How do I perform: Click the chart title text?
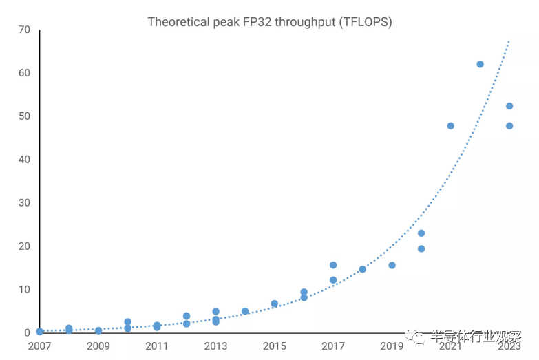pyautogui.click(x=270, y=22)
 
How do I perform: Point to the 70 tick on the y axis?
pyautogui.click(x=24, y=30)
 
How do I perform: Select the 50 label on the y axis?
pyautogui.click(x=24, y=116)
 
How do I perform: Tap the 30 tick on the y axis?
pyautogui.click(x=24, y=203)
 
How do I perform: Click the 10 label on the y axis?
pyautogui.click(x=24, y=290)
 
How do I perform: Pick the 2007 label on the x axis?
pyautogui.click(x=40, y=346)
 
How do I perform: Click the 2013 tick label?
pyautogui.click(x=215, y=346)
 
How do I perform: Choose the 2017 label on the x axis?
pyautogui.click(x=333, y=346)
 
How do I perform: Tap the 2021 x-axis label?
pyautogui.click(x=450, y=346)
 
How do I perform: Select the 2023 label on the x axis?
pyautogui.click(x=509, y=346)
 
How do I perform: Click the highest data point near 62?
pyautogui.click(x=480, y=64)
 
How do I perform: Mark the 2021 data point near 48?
pyautogui.click(x=450, y=126)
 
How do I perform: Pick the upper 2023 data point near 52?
pyautogui.click(x=509, y=106)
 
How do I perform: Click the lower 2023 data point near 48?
pyautogui.click(x=509, y=126)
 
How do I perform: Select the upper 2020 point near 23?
pyautogui.click(x=421, y=233)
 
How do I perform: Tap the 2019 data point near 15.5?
pyautogui.click(x=392, y=265)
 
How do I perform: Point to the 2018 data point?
pyautogui.click(x=362, y=269)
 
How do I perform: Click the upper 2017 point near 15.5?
pyautogui.click(x=333, y=265)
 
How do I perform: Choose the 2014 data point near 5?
pyautogui.click(x=245, y=311)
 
